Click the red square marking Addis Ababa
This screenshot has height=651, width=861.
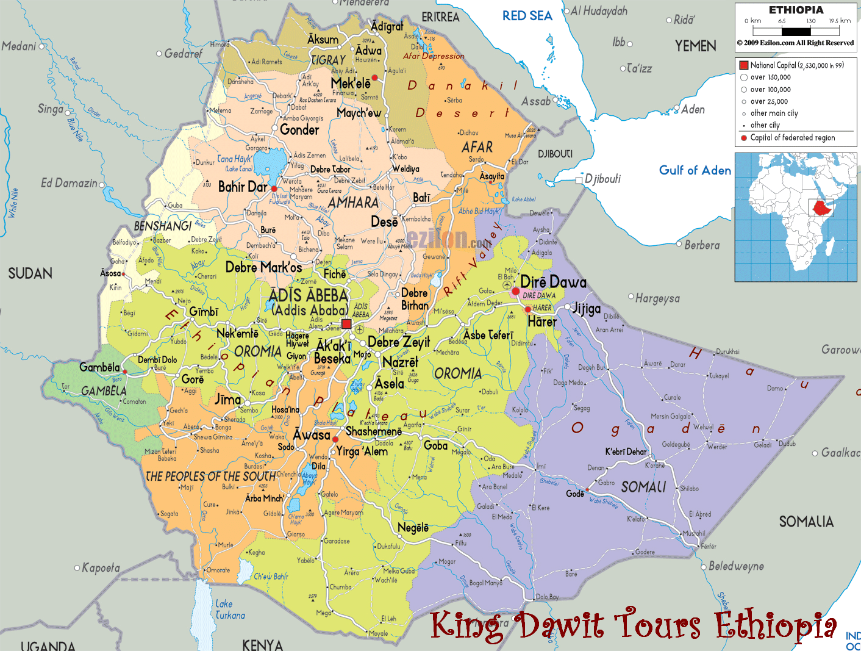coord(346,324)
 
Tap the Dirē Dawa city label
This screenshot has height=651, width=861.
coord(553,282)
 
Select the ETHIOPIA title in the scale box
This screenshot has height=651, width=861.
coord(796,10)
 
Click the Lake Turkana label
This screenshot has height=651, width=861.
coord(230,610)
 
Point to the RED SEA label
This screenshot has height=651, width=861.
coord(527,16)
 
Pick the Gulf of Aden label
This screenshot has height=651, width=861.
coord(695,170)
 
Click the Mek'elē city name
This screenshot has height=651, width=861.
coord(350,83)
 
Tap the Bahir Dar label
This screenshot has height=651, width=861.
coord(242,187)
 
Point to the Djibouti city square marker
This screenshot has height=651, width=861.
coord(579,180)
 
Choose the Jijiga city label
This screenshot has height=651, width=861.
coord(586,309)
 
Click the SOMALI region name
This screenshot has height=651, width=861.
coord(643,487)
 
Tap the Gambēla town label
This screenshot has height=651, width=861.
coord(99,367)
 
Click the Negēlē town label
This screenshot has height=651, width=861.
coord(413,528)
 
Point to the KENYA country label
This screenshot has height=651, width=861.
coord(262,644)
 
